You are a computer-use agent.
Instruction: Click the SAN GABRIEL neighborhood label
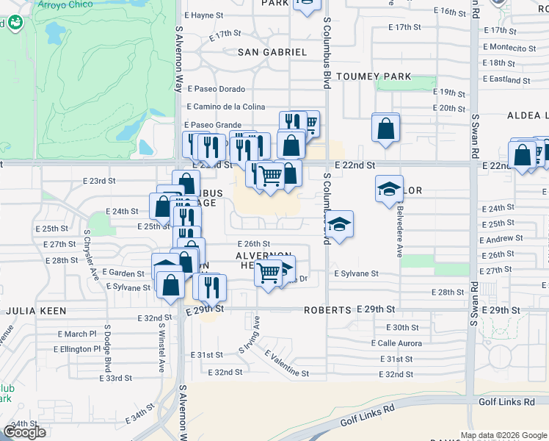(x=272, y=52)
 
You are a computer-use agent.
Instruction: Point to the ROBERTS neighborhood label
(x=327, y=310)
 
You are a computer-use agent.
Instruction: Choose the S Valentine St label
(x=286, y=364)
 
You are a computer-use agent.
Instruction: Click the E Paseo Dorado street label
(x=216, y=89)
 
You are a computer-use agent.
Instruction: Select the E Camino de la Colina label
(x=226, y=107)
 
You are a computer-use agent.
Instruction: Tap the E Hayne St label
(x=203, y=15)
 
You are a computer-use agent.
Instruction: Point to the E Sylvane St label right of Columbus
(x=356, y=273)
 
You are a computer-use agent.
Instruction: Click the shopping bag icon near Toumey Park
(x=385, y=129)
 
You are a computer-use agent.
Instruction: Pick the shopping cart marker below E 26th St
(x=269, y=273)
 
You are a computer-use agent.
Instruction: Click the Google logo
(x=24, y=432)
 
